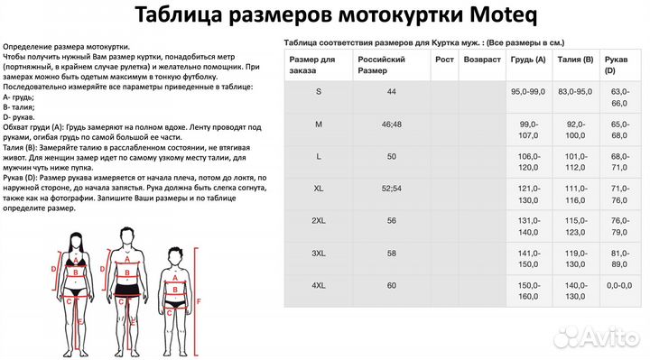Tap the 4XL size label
pos(320,286)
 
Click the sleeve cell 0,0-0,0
pos(618,286)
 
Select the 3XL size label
pos(320,254)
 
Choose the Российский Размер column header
pos(380,64)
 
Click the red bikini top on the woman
pos(78,263)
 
